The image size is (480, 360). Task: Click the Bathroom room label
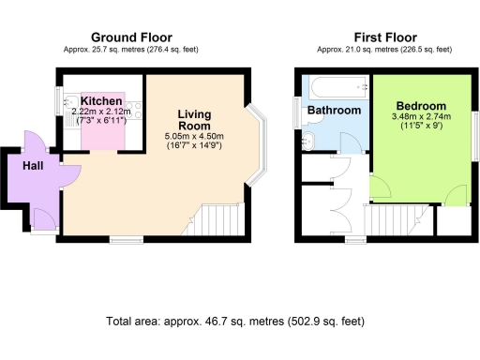point(335,111)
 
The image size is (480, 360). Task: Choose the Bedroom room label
point(420,105)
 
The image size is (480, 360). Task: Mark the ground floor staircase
point(224,220)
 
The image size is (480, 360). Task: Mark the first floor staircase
point(385,222)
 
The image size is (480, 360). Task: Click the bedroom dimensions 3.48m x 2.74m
point(420,121)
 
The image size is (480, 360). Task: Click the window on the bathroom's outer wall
point(296,112)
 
